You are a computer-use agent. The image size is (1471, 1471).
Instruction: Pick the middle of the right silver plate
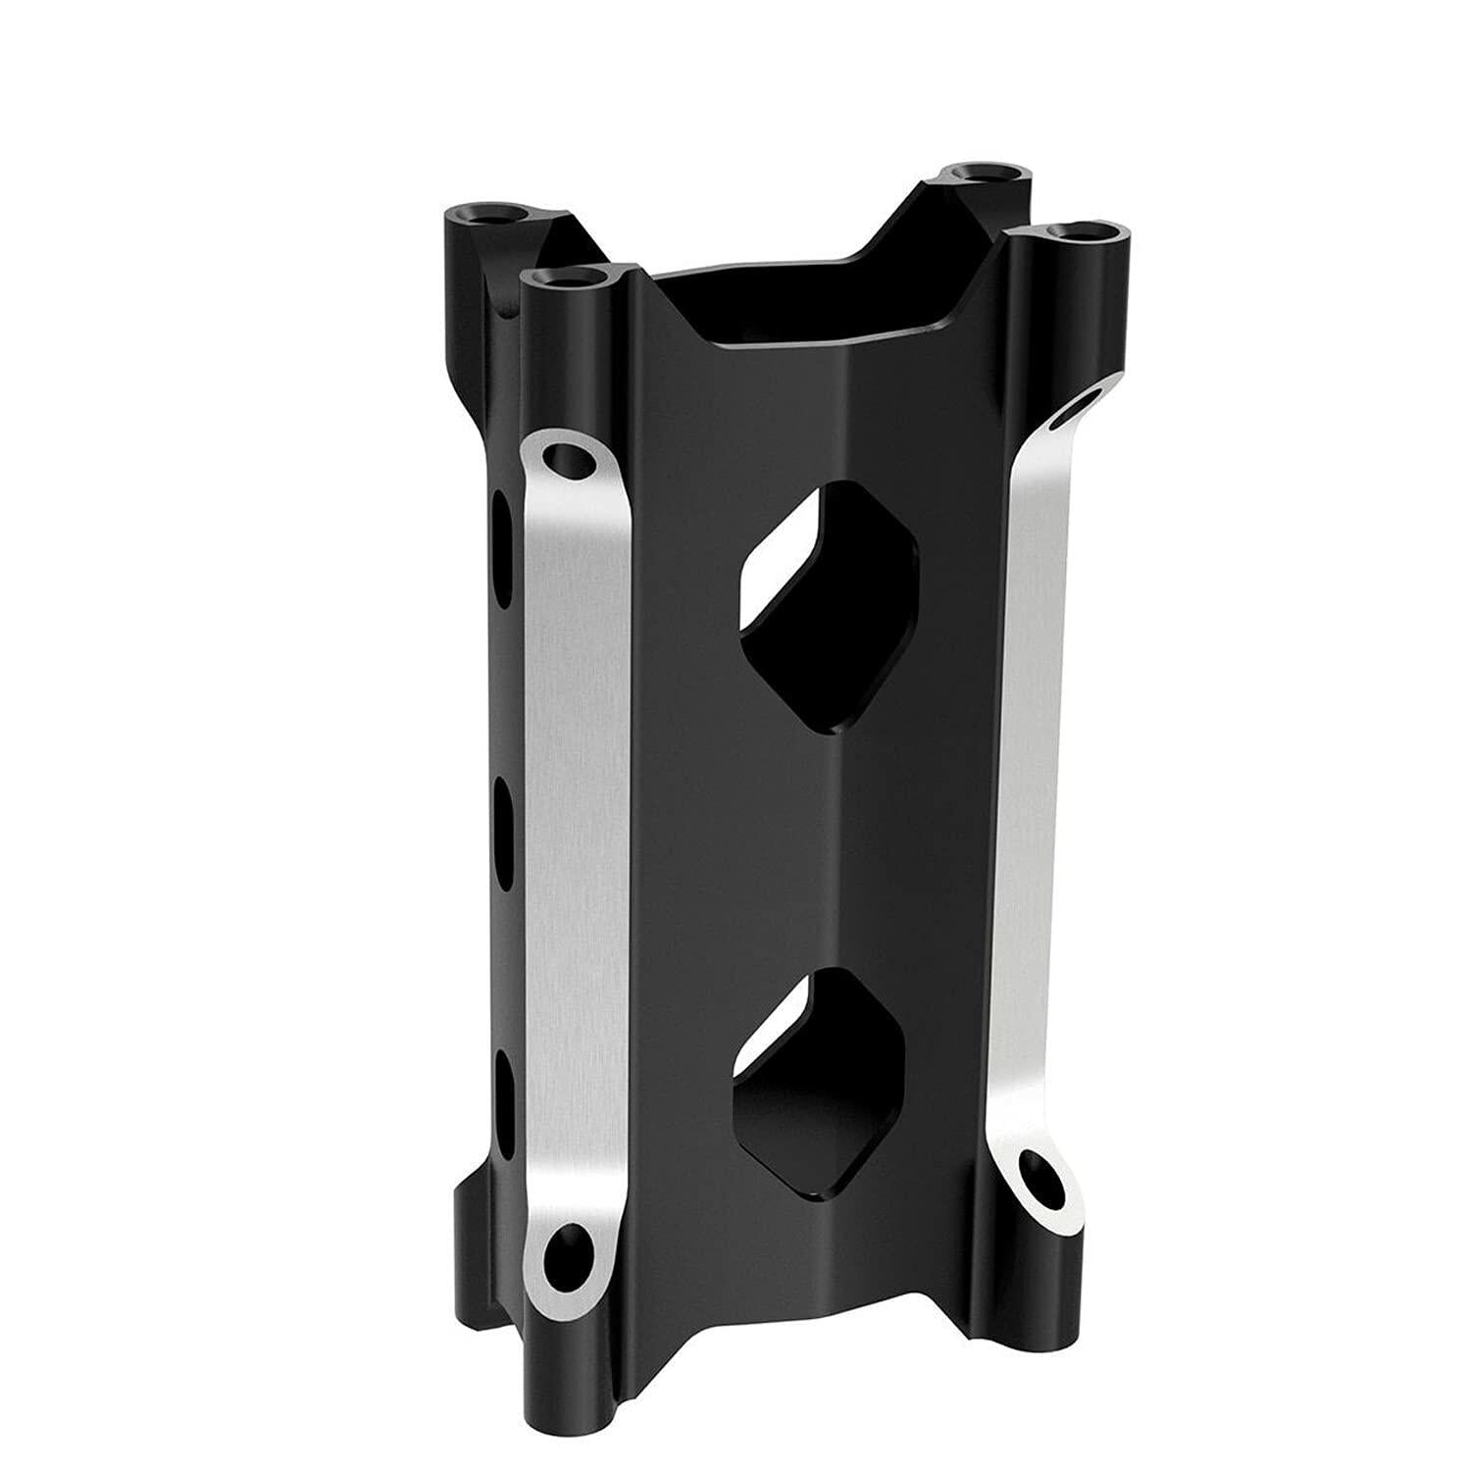1030,785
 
